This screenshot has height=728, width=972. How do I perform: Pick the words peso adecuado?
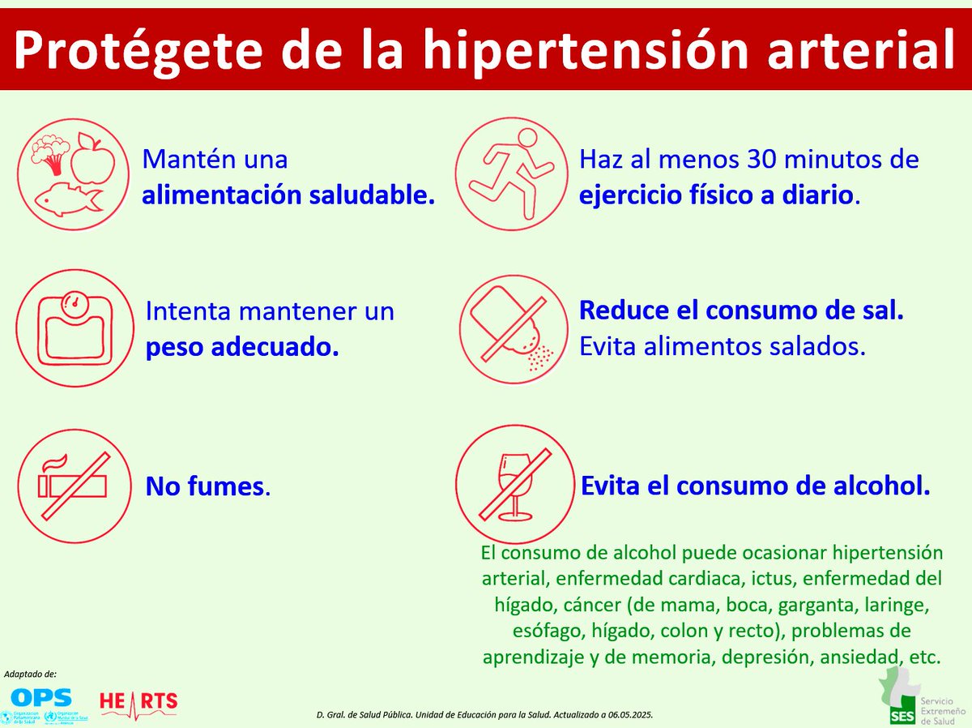[x=242, y=347]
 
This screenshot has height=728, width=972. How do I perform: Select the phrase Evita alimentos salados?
[x=723, y=346]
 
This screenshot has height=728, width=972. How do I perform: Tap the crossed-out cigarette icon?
[x=74, y=485]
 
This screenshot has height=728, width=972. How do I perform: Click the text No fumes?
[x=207, y=486]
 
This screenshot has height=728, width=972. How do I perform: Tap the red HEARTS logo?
[x=138, y=702]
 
